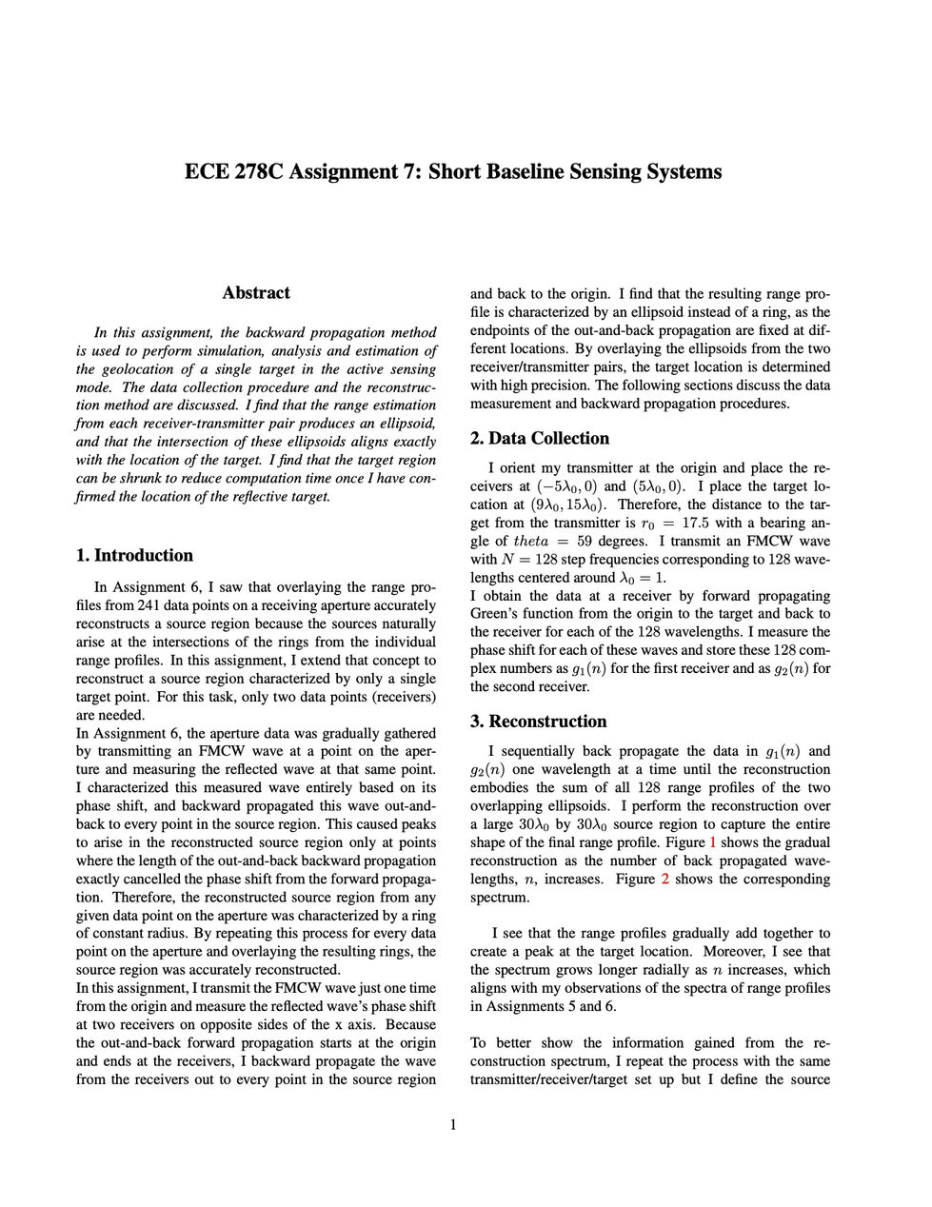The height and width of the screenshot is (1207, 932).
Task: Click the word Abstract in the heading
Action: pyautogui.click(x=255, y=293)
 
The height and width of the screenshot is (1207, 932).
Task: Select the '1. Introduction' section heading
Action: pyautogui.click(x=133, y=556)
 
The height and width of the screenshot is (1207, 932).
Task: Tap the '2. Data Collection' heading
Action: pyautogui.click(x=540, y=439)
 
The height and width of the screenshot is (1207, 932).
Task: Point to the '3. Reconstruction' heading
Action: pyautogui.click(x=538, y=722)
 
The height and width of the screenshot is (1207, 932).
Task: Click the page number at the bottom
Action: pyautogui.click(x=453, y=1125)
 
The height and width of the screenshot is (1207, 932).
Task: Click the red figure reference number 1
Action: pyautogui.click(x=713, y=842)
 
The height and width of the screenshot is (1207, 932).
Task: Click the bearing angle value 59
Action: pyautogui.click(x=582, y=542)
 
